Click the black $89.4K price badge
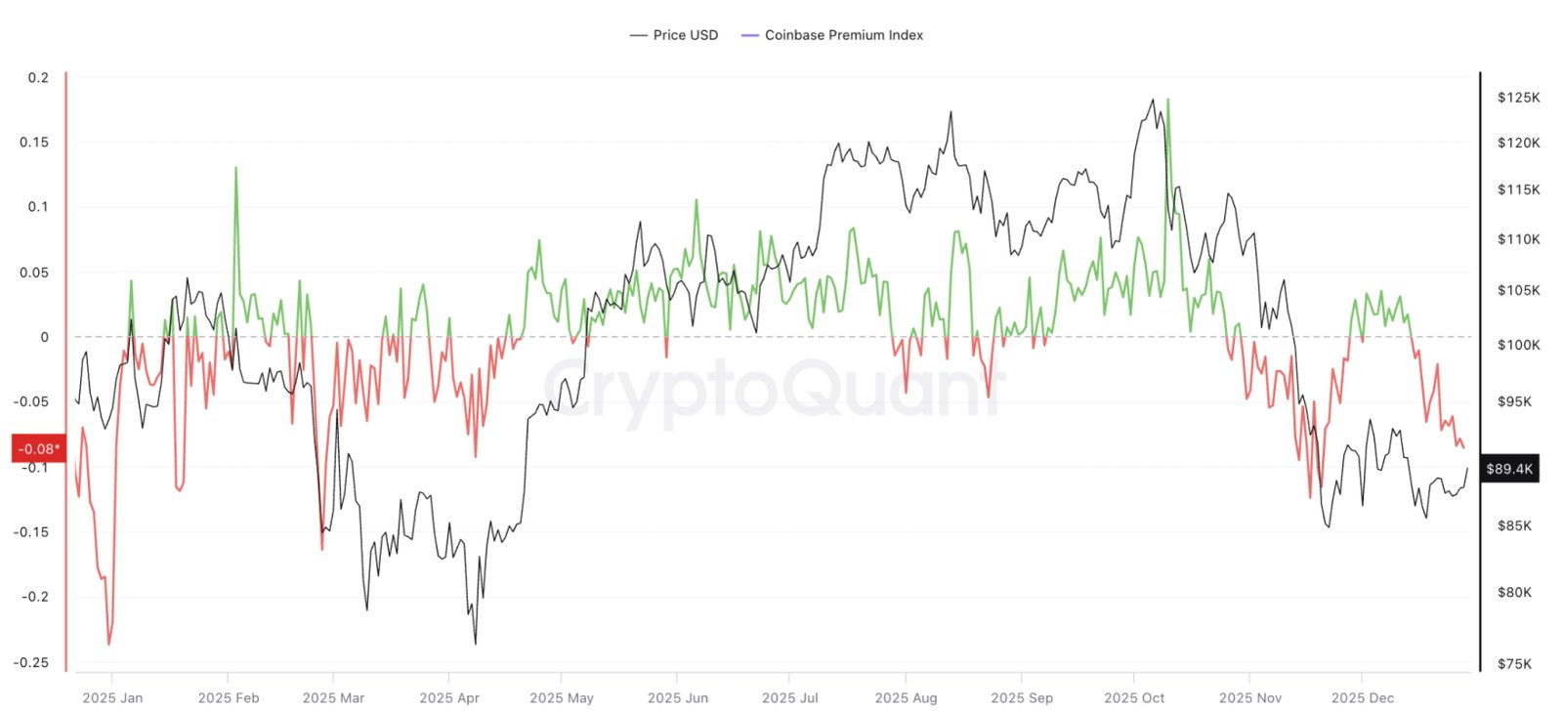point(1509,469)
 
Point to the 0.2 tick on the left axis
point(38,77)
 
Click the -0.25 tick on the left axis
point(31,662)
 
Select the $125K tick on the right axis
point(1518,97)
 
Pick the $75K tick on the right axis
point(1514,664)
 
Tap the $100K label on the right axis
point(1518,345)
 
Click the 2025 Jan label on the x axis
point(112,697)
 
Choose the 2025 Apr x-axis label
point(449,697)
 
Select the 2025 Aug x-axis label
point(906,697)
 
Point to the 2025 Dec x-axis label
point(1362,697)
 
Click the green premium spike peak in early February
point(235,168)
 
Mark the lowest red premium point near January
point(108,644)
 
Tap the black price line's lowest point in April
point(476,644)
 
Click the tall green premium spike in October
point(1168,100)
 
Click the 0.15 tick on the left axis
point(34,142)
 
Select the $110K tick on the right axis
point(1518,238)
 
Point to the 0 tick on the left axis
point(44,337)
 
